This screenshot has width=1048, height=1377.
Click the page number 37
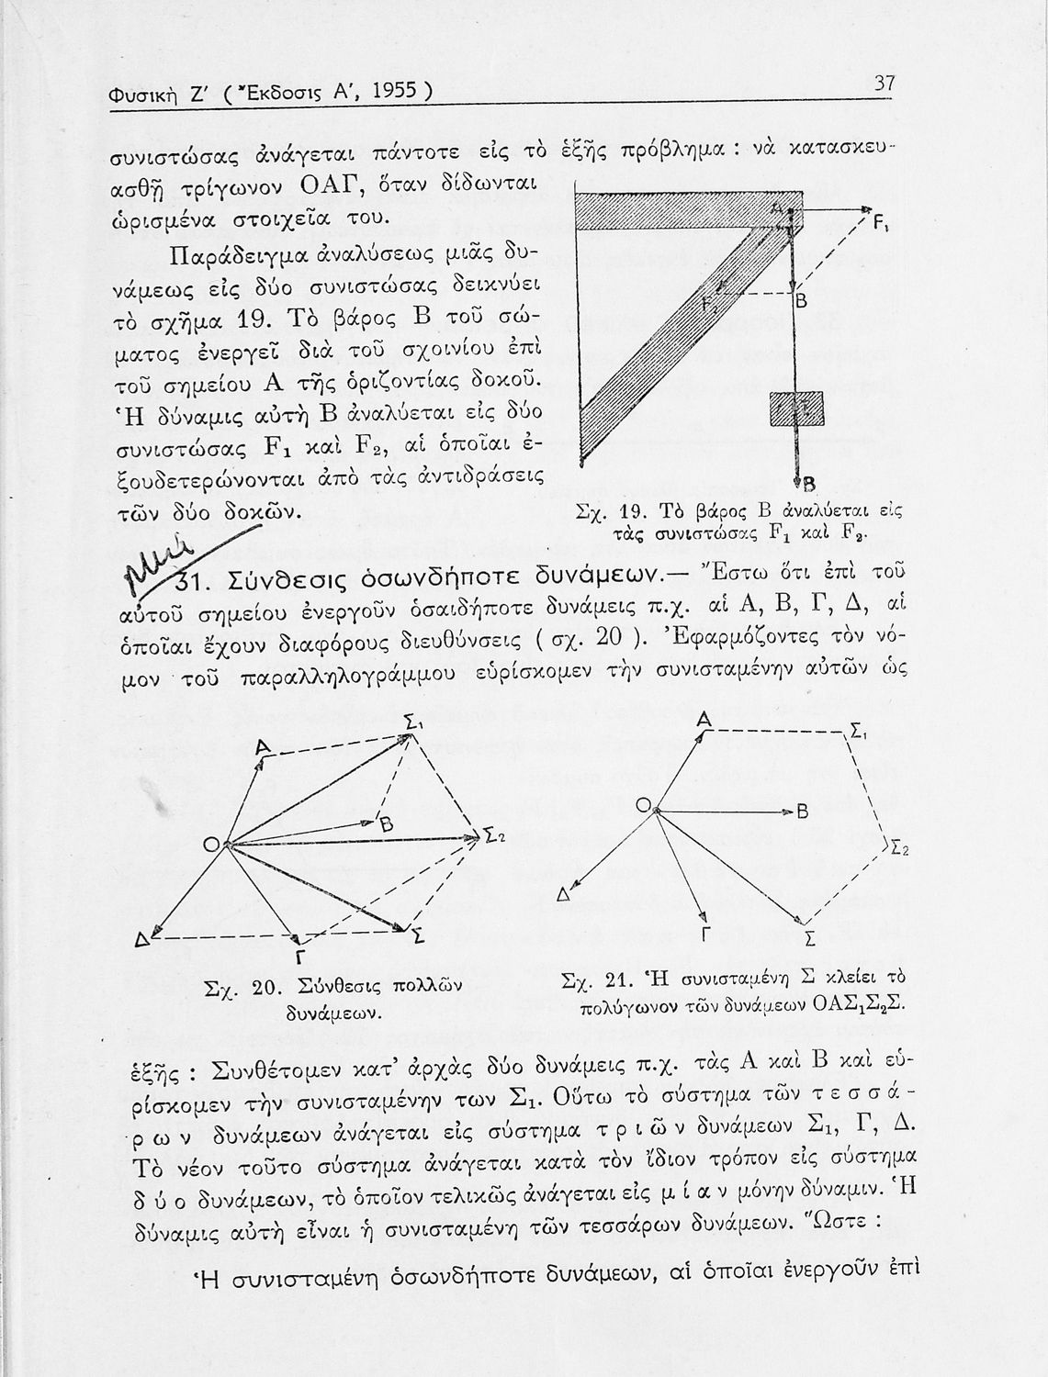pyautogui.click(x=884, y=84)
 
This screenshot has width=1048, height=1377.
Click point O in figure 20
pyautogui.click(x=211, y=845)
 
